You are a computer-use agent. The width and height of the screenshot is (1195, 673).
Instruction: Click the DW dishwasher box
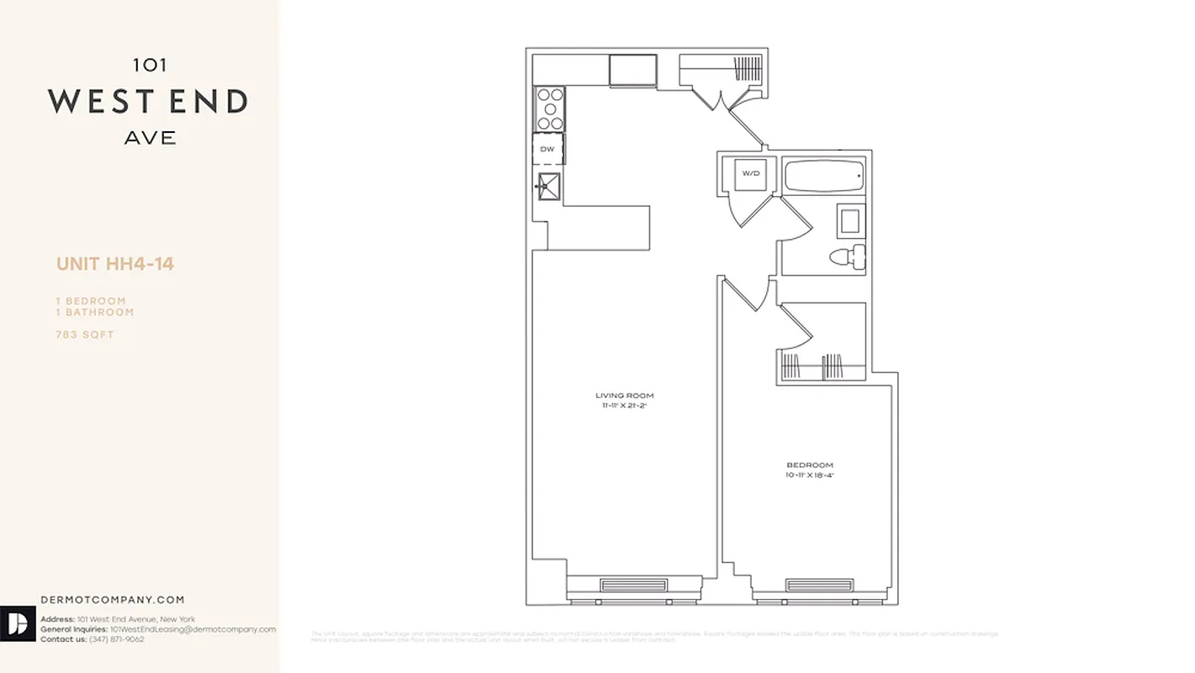547,149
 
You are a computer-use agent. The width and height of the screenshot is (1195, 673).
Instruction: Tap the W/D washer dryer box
750,174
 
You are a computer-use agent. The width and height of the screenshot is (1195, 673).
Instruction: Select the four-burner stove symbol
549,109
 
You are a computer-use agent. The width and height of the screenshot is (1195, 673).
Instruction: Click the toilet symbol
847,255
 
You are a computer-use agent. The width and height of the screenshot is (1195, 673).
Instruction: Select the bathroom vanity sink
849,220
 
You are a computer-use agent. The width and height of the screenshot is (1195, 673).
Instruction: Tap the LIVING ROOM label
624,395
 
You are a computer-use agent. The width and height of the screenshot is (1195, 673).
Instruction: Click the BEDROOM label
810,465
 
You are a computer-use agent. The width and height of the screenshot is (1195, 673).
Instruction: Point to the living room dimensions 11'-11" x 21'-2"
624,405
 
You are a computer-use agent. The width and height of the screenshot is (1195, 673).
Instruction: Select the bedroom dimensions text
810,475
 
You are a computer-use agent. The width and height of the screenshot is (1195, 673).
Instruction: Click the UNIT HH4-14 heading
115,264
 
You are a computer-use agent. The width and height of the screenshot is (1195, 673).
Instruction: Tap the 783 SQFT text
85,335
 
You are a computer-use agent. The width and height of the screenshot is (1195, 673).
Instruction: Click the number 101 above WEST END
149,64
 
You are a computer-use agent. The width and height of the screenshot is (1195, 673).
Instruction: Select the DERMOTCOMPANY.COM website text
113,600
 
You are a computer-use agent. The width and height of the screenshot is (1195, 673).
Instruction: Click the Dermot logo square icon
18,623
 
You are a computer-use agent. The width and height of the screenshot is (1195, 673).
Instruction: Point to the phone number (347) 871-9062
117,639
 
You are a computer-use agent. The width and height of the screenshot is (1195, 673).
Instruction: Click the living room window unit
634,586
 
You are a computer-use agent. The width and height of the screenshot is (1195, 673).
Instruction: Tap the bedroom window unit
819,586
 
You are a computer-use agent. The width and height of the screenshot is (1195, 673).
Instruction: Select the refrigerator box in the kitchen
633,70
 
